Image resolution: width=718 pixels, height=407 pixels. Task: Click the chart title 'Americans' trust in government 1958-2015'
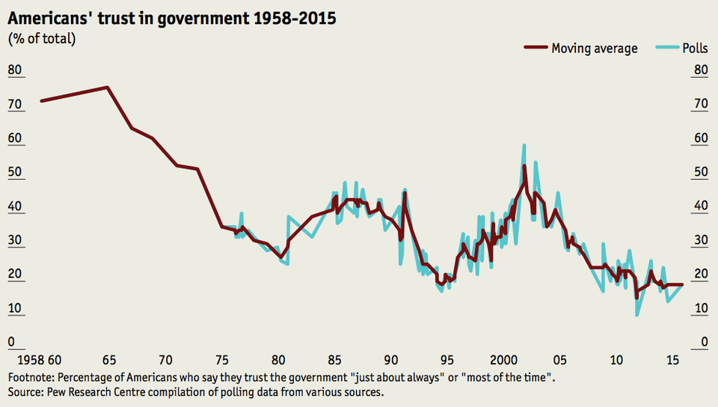(x=171, y=19)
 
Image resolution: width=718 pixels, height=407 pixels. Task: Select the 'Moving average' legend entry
(x=594, y=49)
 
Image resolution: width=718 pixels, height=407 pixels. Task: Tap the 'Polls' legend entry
(x=695, y=49)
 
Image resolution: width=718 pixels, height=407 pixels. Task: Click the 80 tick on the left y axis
(x=15, y=71)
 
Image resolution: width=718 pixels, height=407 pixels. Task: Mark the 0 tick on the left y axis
(x=11, y=343)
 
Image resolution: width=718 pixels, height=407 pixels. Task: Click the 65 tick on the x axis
(x=108, y=360)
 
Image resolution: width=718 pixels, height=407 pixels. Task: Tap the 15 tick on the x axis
(x=672, y=360)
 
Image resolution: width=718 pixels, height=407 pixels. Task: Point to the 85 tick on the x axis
(x=334, y=360)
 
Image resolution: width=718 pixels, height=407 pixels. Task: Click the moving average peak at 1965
(x=108, y=88)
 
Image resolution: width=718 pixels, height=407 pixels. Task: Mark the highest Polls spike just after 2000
(x=524, y=145)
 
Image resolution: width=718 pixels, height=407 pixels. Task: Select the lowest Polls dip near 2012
(x=637, y=315)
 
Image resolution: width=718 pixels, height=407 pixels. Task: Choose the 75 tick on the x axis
(x=221, y=360)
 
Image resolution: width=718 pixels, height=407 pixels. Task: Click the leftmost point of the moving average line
(x=41, y=100)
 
